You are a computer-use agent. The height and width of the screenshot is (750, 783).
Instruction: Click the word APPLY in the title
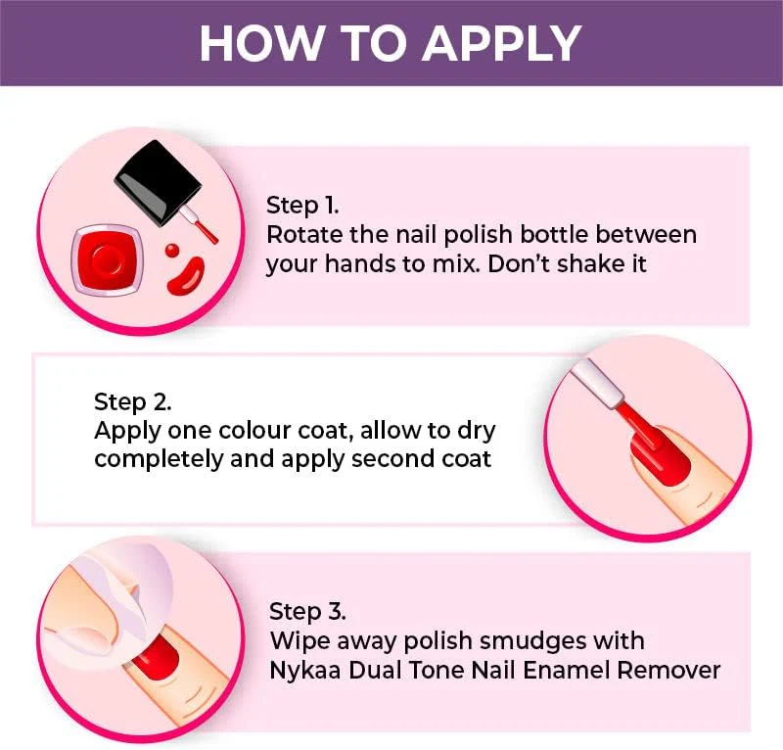click(x=504, y=43)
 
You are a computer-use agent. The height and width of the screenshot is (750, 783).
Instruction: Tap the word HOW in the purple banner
click(x=260, y=43)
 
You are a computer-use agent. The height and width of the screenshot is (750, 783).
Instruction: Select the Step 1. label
click(x=302, y=206)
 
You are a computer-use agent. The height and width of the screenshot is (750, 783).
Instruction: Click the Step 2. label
click(x=133, y=402)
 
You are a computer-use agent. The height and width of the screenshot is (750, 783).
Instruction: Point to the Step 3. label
click(x=307, y=612)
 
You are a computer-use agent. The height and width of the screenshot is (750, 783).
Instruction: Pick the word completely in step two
click(x=159, y=460)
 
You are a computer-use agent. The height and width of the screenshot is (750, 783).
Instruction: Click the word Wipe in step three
click(x=300, y=641)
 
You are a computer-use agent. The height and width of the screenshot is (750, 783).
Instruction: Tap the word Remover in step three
click(x=668, y=671)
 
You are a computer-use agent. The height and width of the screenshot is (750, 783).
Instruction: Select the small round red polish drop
click(x=172, y=250)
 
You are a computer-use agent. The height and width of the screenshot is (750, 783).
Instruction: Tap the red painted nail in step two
click(x=660, y=456)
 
